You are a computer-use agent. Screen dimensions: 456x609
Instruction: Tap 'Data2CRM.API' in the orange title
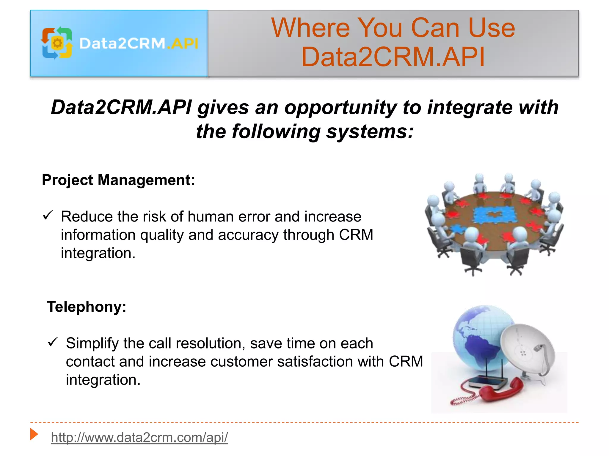coord(393,57)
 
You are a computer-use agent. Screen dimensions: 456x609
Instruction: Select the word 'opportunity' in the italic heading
coord(340,107)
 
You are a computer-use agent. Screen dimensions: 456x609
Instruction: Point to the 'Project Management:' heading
coord(118,180)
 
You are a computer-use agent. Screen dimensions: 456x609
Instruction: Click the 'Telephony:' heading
coord(87,307)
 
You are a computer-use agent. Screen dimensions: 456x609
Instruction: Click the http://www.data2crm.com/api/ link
coord(139,437)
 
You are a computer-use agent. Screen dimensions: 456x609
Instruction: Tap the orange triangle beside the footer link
coord(34,434)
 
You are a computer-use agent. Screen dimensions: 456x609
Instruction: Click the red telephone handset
coord(503,390)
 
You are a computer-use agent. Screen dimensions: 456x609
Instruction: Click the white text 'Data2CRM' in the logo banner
coord(122,44)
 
